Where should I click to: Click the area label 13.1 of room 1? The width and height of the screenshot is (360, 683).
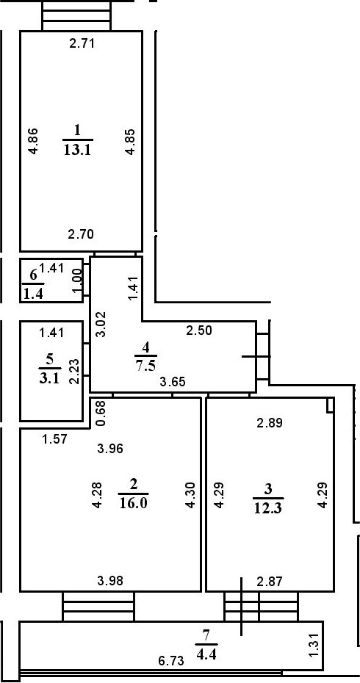pyautogui.click(x=79, y=150)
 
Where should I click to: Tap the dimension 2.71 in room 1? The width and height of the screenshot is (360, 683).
pyautogui.click(x=82, y=43)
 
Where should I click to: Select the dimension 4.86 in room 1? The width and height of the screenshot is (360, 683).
pyautogui.click(x=34, y=141)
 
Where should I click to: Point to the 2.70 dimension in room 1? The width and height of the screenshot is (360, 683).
pyautogui.click(x=81, y=234)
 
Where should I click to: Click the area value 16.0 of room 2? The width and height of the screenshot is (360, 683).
pyautogui.click(x=134, y=503)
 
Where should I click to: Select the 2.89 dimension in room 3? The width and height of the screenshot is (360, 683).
pyautogui.click(x=270, y=422)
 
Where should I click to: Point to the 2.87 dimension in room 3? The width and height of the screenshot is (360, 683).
pyautogui.click(x=270, y=580)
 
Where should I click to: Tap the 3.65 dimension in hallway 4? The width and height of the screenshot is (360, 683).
pyautogui.click(x=173, y=382)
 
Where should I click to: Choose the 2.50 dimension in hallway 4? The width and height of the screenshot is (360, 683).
pyautogui.click(x=199, y=330)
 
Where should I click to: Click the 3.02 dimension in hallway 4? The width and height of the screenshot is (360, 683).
pyautogui.click(x=101, y=324)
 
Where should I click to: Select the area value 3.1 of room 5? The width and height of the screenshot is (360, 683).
pyautogui.click(x=49, y=377)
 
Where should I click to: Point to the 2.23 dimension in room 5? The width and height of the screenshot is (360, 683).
pyautogui.click(x=74, y=371)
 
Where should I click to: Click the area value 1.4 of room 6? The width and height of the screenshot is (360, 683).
pyautogui.click(x=33, y=294)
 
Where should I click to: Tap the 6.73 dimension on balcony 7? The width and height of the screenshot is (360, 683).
pyautogui.click(x=171, y=661)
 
